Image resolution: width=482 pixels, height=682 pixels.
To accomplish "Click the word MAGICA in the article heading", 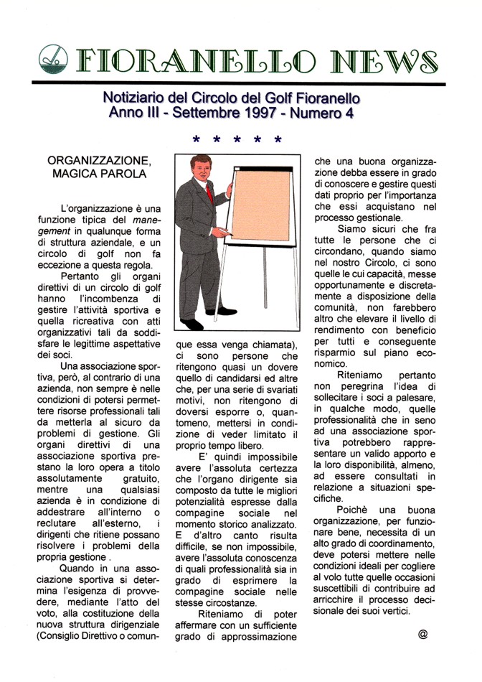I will click(x=71, y=174).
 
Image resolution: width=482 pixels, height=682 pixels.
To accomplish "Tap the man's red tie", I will click(x=209, y=192).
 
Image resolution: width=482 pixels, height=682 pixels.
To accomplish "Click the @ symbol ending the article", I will click(x=422, y=633).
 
